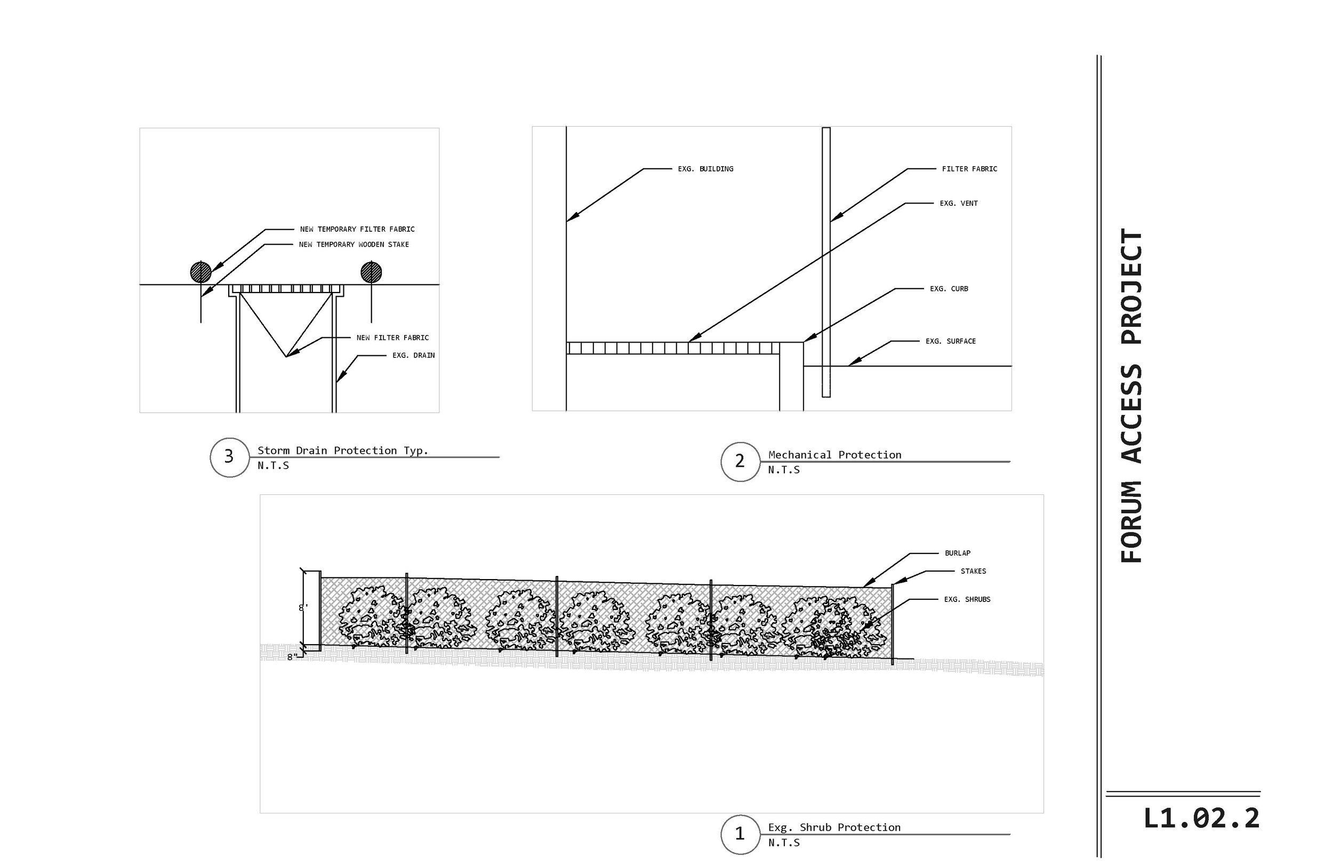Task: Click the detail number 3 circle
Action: coord(229,457)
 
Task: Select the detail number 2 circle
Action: coord(740,462)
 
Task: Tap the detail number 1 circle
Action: coord(740,834)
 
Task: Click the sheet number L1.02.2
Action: coord(1201,819)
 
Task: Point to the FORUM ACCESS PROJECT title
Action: coord(1131,395)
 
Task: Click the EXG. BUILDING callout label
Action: coord(706,169)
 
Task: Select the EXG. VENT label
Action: coord(959,204)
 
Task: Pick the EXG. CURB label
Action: coord(949,289)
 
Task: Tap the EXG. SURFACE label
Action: coord(951,341)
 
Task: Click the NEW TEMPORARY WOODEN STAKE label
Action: coord(354,245)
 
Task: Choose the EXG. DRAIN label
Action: coord(414,355)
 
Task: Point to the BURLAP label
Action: coord(958,553)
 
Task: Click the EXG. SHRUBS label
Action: coord(967,599)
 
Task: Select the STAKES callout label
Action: coord(974,572)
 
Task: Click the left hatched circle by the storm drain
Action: coord(201,273)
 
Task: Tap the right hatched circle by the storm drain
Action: coord(371,273)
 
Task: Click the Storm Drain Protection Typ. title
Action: coord(343,451)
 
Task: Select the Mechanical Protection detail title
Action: coord(835,455)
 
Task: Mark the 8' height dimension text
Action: coord(303,607)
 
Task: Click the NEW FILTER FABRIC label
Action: coord(392,338)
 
